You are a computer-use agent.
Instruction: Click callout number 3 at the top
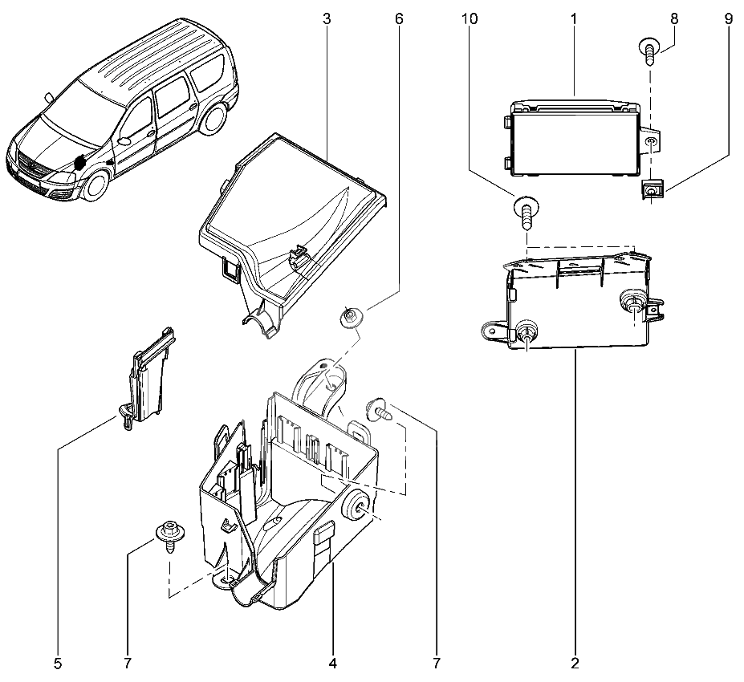(327, 18)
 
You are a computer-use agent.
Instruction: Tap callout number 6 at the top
(399, 18)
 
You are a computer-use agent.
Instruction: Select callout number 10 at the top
(470, 18)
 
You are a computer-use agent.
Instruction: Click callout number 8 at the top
(673, 18)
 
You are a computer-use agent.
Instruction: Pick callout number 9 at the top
(728, 18)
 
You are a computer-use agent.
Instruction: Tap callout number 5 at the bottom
(58, 664)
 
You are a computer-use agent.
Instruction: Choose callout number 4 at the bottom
(332, 664)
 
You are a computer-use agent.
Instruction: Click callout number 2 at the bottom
(575, 664)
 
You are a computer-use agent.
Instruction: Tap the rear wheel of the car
(212, 120)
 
